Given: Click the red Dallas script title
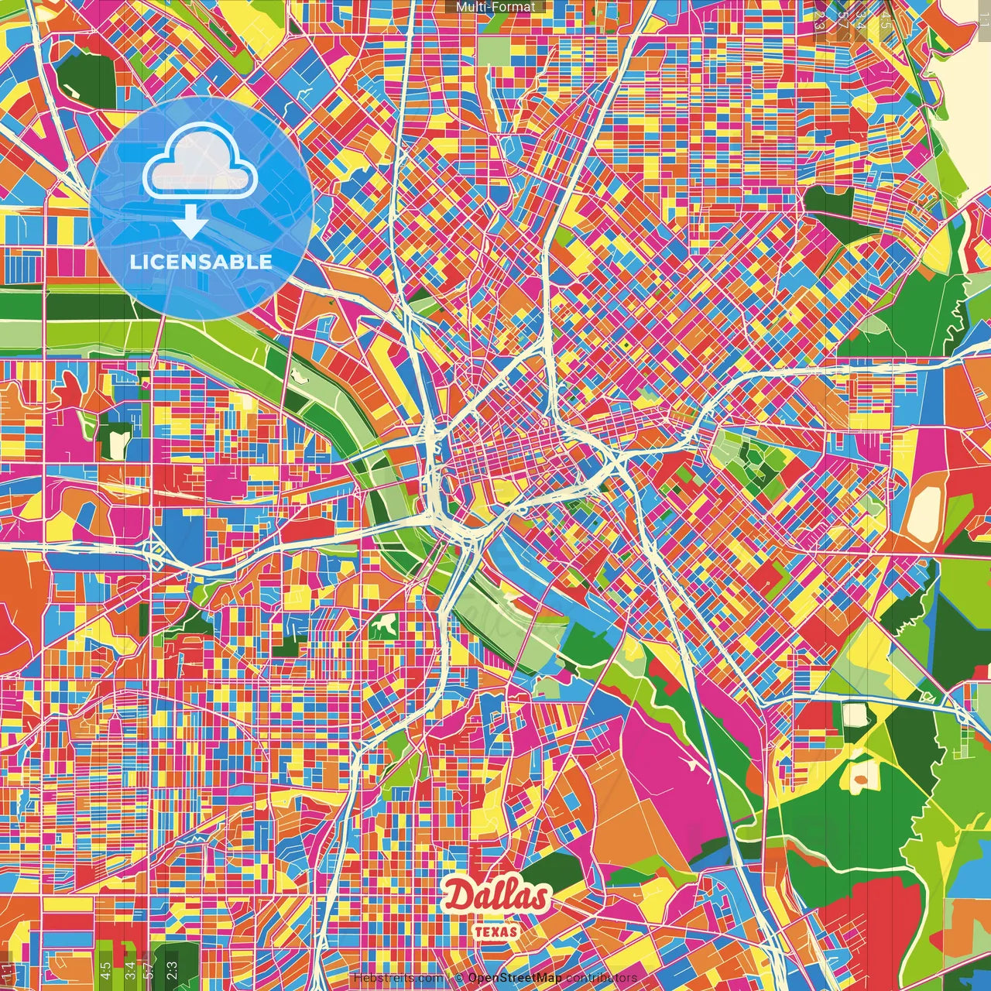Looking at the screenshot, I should pyautogui.click(x=495, y=897).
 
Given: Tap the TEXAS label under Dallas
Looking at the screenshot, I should pyautogui.click(x=495, y=931).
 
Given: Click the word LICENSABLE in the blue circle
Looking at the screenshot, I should pyautogui.click(x=201, y=262).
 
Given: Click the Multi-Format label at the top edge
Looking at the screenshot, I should pyautogui.click(x=495, y=7).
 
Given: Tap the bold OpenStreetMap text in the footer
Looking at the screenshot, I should pyautogui.click(x=515, y=978).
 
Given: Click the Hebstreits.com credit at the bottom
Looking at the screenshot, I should pyautogui.click(x=398, y=978).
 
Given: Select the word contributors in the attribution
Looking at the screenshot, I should pyautogui.click(x=602, y=978).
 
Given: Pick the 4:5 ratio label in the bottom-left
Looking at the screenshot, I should pyautogui.click(x=105, y=969).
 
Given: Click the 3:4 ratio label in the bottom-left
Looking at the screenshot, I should pyautogui.click(x=130, y=969).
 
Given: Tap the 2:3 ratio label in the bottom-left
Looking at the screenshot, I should pyautogui.click(x=171, y=969).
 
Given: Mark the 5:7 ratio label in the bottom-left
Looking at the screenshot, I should pyautogui.click(x=149, y=969).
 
